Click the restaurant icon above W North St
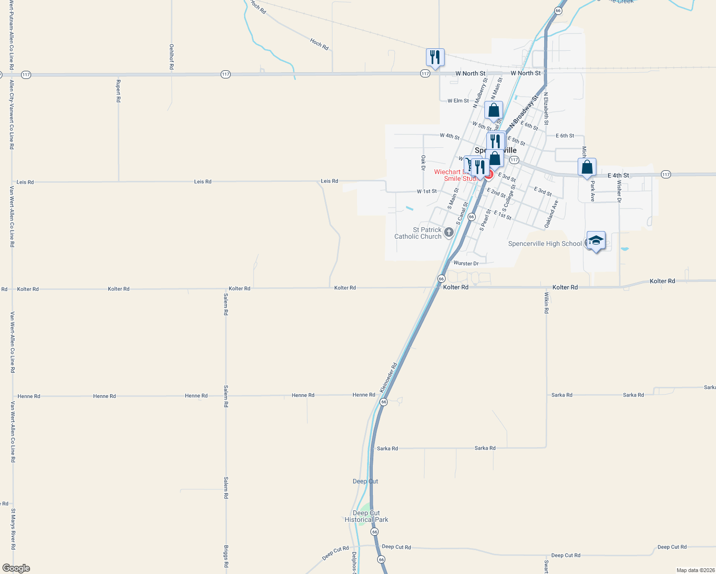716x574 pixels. pos(435,57)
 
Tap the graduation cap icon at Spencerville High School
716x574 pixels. pos(596,240)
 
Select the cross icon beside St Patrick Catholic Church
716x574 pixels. pos(448,232)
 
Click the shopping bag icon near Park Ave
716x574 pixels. pos(587,167)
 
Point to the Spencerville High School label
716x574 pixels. pos(545,244)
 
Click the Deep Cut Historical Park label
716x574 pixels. pos(367,516)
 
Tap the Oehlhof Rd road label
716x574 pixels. pos(172,57)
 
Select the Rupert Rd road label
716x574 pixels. pos(118,91)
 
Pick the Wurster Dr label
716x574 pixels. pos(466,264)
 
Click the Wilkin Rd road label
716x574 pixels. pos(546,302)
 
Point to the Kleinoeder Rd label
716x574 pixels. pos(389,378)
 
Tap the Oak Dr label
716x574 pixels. pos(423,163)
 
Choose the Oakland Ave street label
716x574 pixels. pos(551,214)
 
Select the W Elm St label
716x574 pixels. pos(458,101)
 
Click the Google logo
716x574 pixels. pos(16,568)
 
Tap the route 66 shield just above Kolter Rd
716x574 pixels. pos(441,278)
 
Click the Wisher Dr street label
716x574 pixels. pos(619,191)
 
